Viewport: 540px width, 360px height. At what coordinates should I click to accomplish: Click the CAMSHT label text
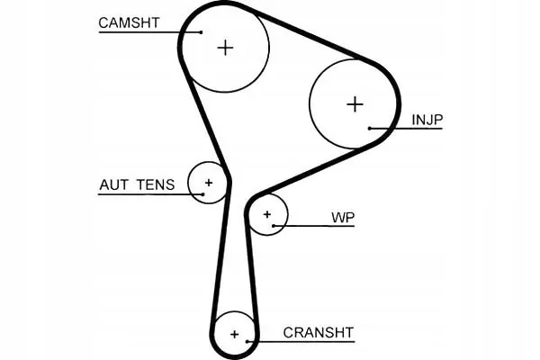(129, 22)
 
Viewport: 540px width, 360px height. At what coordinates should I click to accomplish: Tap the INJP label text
(427, 120)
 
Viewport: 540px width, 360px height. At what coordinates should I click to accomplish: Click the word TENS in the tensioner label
(156, 185)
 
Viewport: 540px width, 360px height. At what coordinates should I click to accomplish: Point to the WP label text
(343, 218)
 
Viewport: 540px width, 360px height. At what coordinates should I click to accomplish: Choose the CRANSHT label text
(319, 333)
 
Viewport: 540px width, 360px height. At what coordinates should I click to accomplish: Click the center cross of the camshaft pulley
(226, 48)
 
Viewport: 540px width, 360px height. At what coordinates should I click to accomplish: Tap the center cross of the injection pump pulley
(355, 104)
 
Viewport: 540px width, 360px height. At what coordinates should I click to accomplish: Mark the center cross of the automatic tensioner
(209, 183)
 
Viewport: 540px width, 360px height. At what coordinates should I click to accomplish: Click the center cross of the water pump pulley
(267, 214)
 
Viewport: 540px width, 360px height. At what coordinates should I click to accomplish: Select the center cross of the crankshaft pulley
(235, 334)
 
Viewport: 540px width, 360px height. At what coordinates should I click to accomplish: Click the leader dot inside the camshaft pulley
(201, 32)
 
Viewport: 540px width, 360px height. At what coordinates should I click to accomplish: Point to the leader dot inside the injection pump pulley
(370, 129)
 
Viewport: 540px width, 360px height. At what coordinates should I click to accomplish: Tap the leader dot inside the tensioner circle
(202, 194)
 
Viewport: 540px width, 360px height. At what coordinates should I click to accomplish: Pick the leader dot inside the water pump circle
(274, 226)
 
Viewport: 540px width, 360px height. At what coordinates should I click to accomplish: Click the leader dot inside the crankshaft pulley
(247, 342)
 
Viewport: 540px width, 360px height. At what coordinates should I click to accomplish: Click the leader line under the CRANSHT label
(301, 342)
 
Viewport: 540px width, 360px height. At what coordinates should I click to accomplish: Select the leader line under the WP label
(314, 226)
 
